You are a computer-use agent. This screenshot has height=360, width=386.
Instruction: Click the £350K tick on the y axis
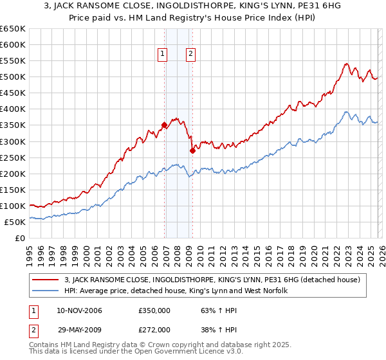(12, 125)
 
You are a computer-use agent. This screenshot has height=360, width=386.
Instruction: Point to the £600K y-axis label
(12, 45)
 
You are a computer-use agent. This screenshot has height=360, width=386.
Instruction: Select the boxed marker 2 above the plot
(191, 55)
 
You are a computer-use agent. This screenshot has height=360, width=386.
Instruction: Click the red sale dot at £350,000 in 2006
(165, 125)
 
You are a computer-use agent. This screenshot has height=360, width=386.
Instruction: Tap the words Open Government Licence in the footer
(192, 353)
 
